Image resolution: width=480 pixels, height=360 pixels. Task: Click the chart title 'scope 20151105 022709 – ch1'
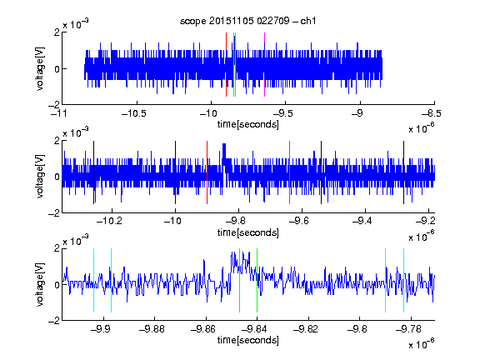click(x=247, y=21)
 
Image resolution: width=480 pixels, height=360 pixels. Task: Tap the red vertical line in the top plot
click(x=226, y=65)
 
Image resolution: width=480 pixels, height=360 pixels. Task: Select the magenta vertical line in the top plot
click(x=264, y=65)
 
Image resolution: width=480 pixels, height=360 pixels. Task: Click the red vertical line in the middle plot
click(x=207, y=172)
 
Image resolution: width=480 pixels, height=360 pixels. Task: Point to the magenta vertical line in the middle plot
click(x=290, y=172)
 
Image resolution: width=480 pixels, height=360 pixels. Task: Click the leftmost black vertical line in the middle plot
click(x=93, y=172)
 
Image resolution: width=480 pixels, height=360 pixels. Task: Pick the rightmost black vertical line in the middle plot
click(x=403, y=172)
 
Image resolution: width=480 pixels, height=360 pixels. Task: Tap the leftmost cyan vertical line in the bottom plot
click(x=93, y=280)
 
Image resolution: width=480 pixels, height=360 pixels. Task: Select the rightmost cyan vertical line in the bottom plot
click(x=403, y=280)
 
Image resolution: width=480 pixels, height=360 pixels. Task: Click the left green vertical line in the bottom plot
click(x=239, y=280)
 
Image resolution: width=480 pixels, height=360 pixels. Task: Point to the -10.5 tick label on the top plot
click(x=134, y=114)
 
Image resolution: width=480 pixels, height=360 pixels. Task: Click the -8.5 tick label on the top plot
click(x=431, y=114)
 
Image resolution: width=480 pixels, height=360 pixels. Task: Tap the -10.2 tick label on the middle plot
click(x=109, y=220)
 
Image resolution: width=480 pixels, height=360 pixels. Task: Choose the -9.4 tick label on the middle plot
click(x=362, y=220)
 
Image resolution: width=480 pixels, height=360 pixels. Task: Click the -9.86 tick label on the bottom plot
click(x=203, y=329)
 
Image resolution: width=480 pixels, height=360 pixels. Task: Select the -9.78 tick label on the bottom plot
click(x=408, y=329)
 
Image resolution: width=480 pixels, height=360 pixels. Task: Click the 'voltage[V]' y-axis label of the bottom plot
click(x=40, y=285)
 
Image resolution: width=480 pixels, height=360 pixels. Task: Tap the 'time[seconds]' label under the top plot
click(x=248, y=124)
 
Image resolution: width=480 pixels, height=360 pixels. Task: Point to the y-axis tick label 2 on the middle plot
click(x=57, y=141)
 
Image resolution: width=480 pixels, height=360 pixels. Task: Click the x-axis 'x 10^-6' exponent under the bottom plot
click(x=422, y=344)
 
